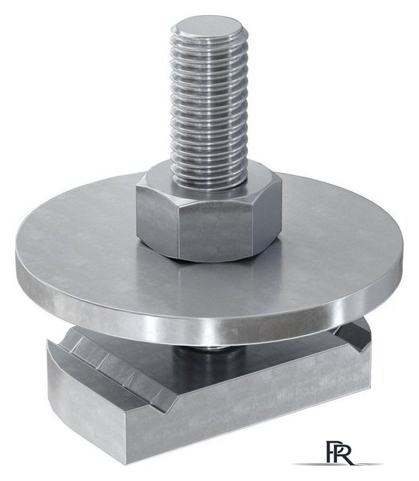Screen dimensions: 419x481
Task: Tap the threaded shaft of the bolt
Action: [209, 104]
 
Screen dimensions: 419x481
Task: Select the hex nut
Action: [209, 212]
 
